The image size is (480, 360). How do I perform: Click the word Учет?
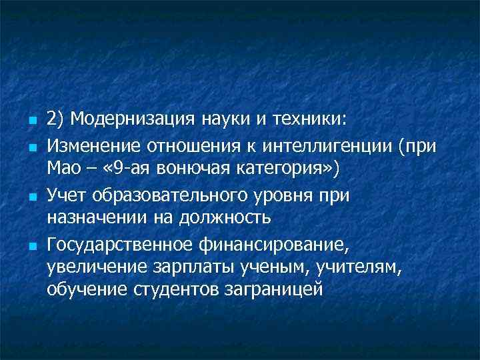pyautogui.click(x=65, y=195)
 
